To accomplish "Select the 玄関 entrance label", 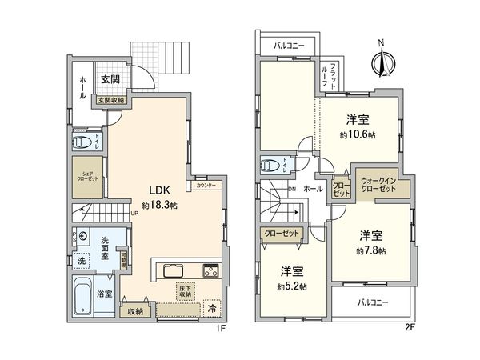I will tap(110, 79).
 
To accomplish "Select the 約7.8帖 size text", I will tap(370, 250).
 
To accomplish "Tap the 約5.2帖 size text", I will tap(293, 286).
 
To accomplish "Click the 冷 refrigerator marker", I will tap(212, 307).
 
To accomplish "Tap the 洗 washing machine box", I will tap(81, 260).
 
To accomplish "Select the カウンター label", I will tap(205, 185).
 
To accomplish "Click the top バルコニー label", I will tap(289, 46).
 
